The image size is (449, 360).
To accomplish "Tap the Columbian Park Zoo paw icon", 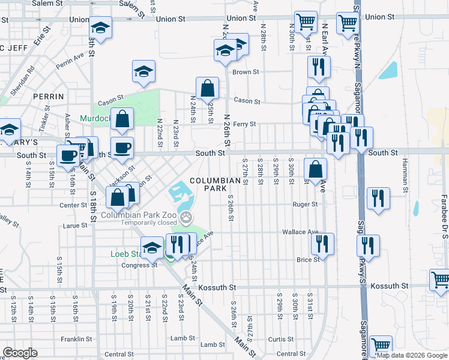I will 188,215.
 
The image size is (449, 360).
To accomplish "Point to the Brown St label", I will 245,72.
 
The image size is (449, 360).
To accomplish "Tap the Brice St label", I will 307,260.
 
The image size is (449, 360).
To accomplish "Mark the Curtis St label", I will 280,340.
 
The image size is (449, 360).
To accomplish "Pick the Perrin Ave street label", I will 70,61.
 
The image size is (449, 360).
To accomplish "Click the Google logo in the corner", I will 20,353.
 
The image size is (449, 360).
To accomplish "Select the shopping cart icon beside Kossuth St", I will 440,279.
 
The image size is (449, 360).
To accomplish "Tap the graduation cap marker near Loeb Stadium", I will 152,247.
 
